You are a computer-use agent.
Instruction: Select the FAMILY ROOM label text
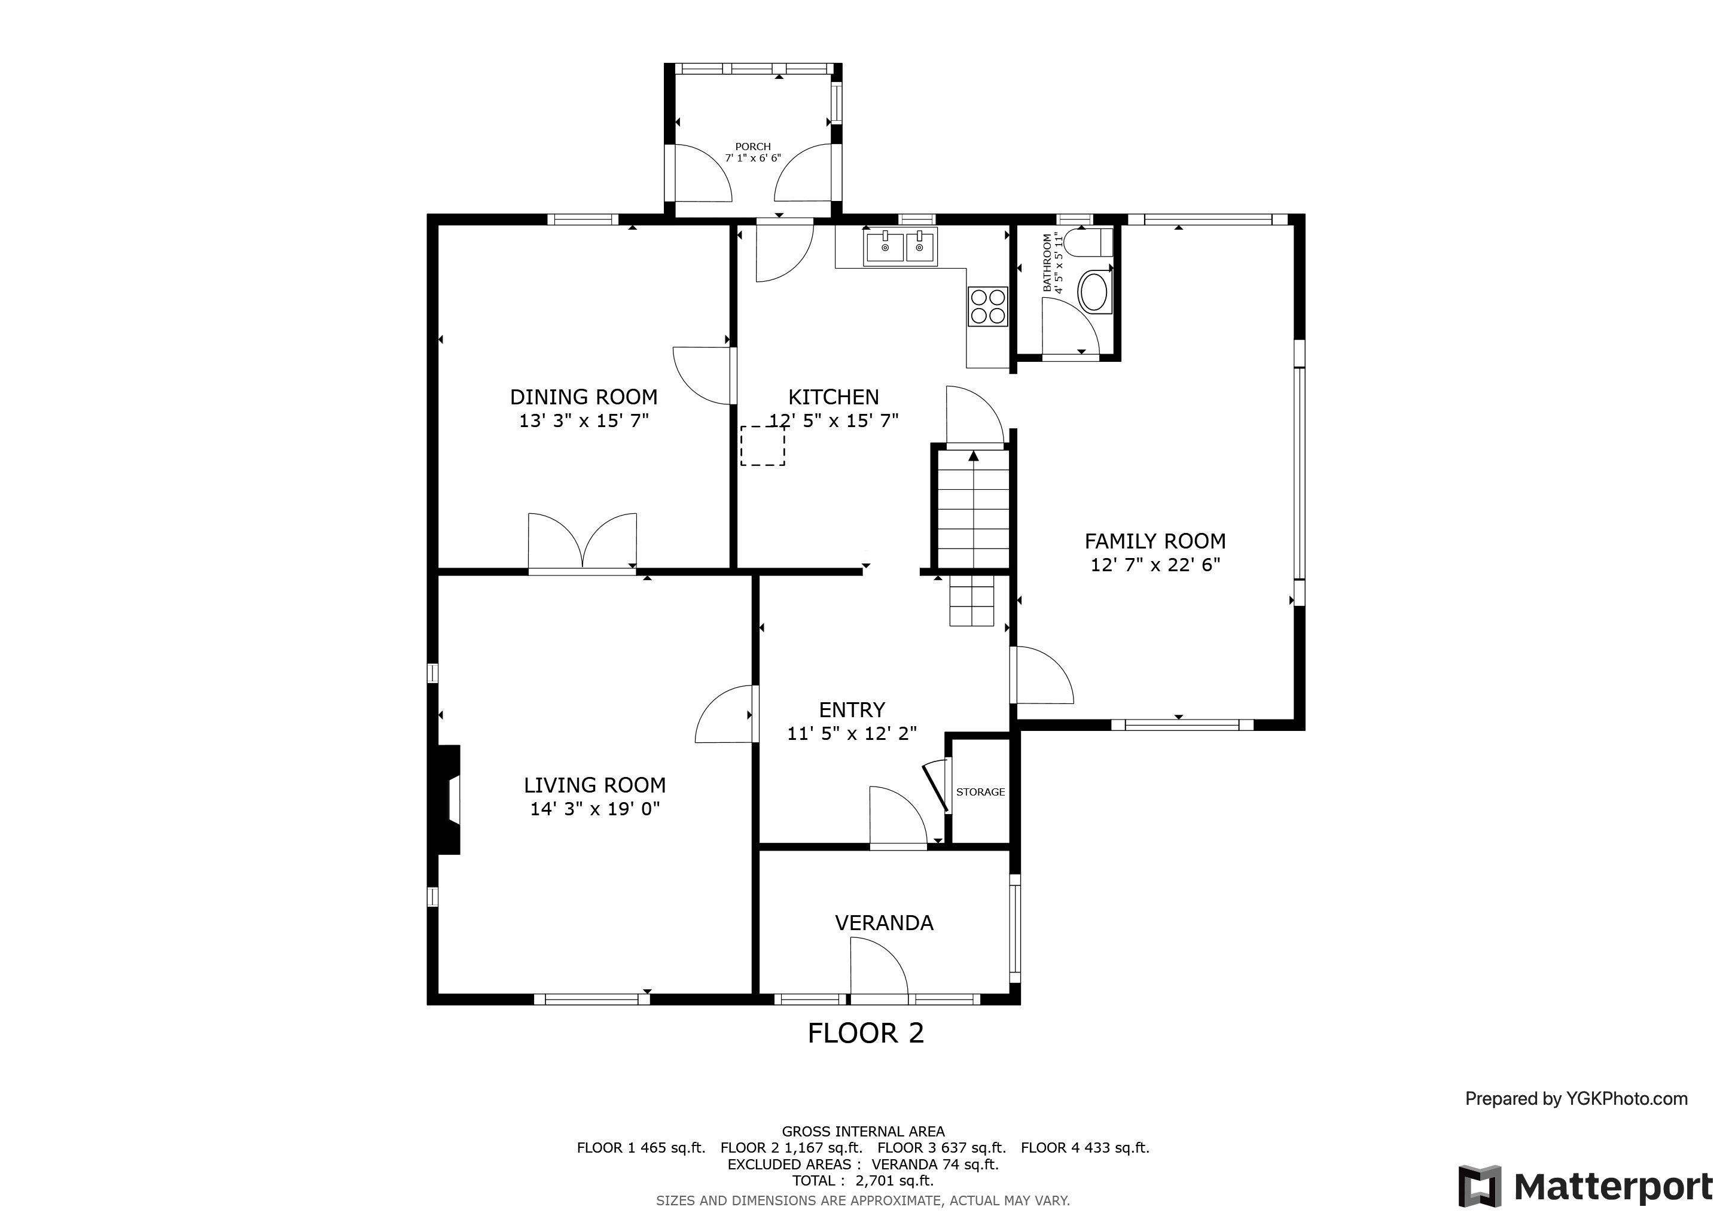click(x=1155, y=541)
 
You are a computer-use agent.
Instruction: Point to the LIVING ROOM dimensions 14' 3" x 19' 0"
click(x=594, y=809)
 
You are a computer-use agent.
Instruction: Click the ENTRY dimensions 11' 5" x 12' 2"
click(x=852, y=733)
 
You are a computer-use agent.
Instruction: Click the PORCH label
click(x=753, y=147)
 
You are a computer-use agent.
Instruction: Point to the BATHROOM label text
click(x=1047, y=263)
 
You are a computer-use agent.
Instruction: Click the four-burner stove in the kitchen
click(x=987, y=306)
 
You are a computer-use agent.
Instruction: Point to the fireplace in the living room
click(x=449, y=800)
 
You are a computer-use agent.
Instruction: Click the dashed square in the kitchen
click(x=763, y=445)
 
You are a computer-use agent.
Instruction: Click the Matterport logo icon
click(x=1479, y=1187)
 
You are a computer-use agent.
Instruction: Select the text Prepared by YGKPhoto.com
click(x=1576, y=1099)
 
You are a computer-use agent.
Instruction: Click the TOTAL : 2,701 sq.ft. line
click(x=863, y=1181)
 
